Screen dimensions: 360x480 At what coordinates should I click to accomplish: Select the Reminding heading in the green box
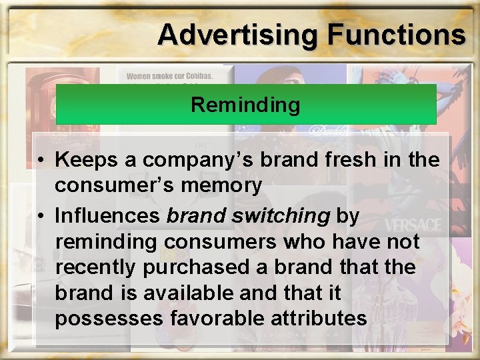click(x=245, y=105)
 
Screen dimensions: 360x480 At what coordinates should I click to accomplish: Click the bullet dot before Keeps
click(x=41, y=161)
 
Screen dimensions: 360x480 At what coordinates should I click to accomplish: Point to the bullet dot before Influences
click(x=41, y=216)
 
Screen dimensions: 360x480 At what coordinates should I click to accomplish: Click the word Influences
click(x=107, y=216)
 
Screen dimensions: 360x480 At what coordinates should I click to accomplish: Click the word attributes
click(x=319, y=319)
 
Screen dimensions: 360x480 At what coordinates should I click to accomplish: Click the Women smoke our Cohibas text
click(x=170, y=76)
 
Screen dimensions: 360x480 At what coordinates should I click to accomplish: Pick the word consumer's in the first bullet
click(x=101, y=185)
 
